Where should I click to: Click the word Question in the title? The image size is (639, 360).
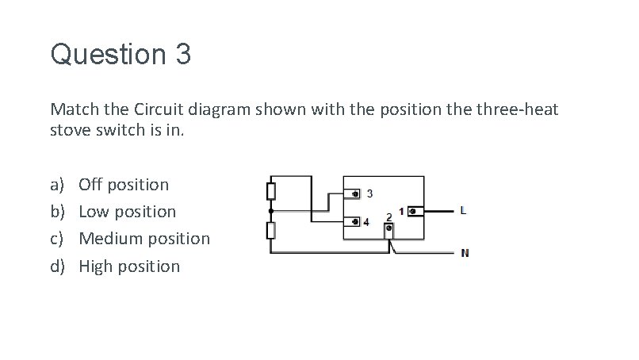(104, 56)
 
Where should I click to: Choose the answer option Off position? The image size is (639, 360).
(124, 185)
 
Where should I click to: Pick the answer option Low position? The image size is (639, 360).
(128, 212)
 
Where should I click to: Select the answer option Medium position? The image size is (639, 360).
(144, 239)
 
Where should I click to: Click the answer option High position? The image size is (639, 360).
(129, 266)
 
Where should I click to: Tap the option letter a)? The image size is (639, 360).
(58, 185)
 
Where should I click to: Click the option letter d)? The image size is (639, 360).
(58, 266)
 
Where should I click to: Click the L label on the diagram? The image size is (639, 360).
(463, 211)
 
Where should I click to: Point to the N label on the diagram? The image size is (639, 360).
(465, 254)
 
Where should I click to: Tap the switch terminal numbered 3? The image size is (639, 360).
(355, 193)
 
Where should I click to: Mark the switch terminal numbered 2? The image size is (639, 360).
(388, 230)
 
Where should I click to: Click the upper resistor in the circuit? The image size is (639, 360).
(270, 191)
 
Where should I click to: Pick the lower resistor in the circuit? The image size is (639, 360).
(270, 231)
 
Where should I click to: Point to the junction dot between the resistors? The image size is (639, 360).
(270, 211)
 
